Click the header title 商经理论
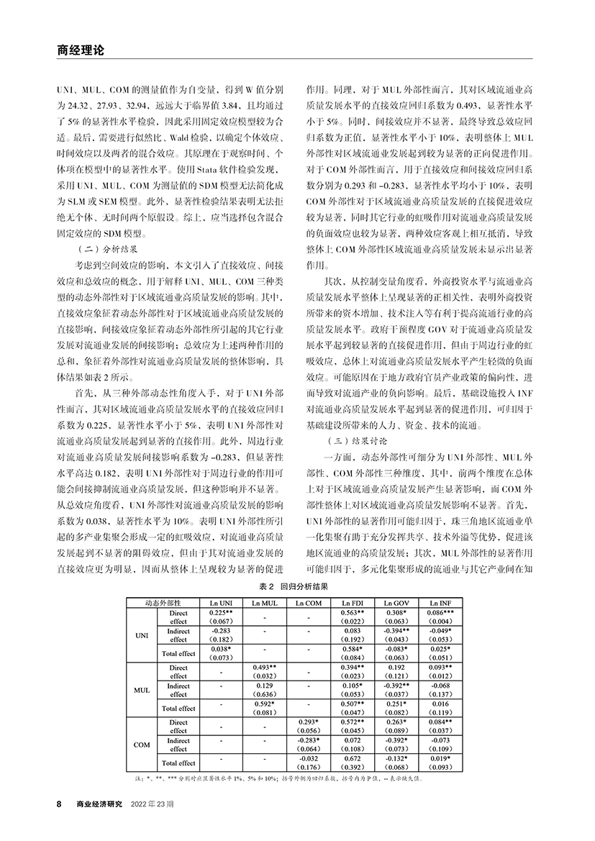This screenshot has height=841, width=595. pos(80,51)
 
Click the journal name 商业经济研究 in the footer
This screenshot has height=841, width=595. pos(100,804)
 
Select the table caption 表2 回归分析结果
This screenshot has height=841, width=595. pos(297,587)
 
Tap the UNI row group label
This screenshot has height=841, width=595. pos(142,635)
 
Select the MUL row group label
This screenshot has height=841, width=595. pos(142,690)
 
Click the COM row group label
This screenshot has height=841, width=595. pos(142,745)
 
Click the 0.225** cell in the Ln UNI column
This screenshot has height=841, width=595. pos(220,612)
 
